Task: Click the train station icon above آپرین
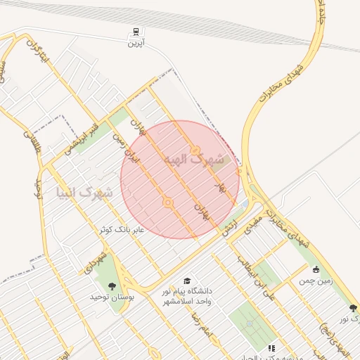coord(134,32)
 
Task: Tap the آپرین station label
coord(134,43)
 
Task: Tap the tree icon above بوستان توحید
coord(112,285)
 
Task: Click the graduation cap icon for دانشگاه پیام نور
coord(186,281)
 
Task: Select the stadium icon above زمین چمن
coord(316,269)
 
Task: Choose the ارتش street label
coord(229,228)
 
